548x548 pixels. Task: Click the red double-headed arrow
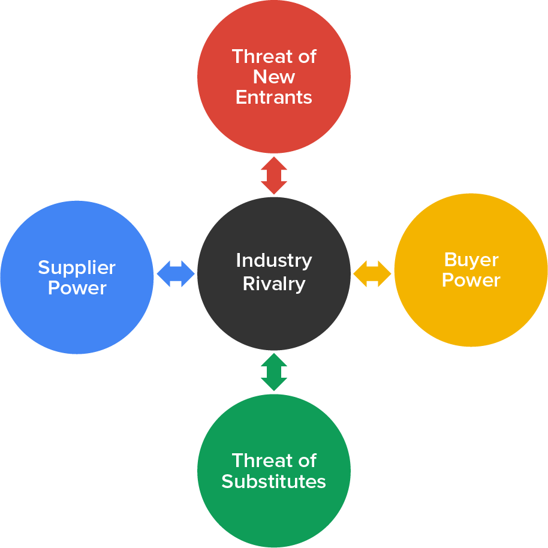click(274, 175)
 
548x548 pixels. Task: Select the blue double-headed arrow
click(176, 274)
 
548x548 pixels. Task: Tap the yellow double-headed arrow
click(372, 274)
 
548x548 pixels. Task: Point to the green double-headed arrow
click(274, 372)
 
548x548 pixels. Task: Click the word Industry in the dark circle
click(274, 261)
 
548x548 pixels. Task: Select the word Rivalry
click(274, 284)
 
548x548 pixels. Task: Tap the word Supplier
click(77, 267)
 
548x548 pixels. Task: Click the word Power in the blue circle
click(77, 288)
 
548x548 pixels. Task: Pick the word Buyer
click(471, 260)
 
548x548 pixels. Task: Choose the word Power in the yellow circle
click(471, 280)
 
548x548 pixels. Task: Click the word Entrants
click(274, 97)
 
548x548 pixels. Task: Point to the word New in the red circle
click(274, 77)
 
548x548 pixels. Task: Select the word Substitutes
click(274, 481)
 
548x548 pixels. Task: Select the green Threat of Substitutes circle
click(274, 516)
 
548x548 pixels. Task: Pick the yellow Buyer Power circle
click(471, 318)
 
